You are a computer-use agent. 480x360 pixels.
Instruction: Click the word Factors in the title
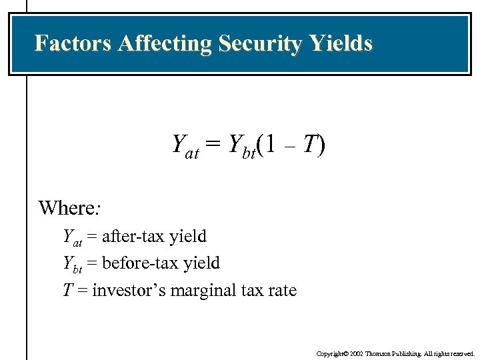[73, 43]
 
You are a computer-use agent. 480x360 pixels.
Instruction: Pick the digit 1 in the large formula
[269, 143]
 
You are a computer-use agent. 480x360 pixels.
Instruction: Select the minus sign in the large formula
[289, 145]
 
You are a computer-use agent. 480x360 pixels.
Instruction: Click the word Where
[67, 208]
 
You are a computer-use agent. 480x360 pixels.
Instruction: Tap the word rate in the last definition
[283, 291]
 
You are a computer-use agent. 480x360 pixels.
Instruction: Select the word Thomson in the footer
[373, 353]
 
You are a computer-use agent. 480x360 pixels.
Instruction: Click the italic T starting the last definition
[67, 291]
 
